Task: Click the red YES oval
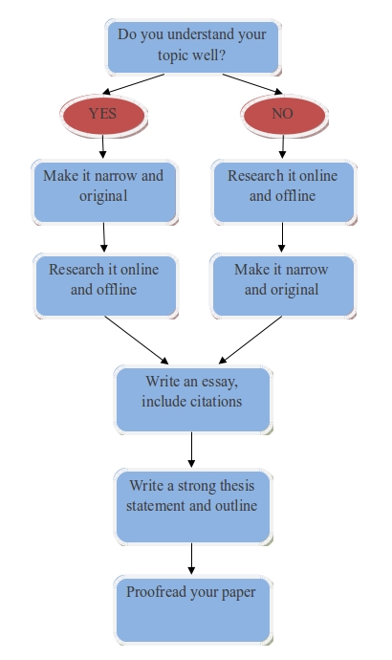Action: pos(103,115)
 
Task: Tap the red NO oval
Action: pos(284,115)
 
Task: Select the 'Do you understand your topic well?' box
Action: pos(193,47)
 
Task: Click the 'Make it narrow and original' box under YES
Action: pos(105,192)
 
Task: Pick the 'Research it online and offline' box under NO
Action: pos(284,192)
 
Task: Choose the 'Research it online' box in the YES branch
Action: pos(105,286)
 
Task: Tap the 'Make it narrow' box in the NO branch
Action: pos(283,286)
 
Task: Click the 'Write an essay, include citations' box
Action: pos(193,400)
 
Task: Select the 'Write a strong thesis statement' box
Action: pos(193,507)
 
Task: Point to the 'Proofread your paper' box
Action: pos(193,610)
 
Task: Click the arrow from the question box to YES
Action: pos(133,84)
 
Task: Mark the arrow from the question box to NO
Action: pos(252,84)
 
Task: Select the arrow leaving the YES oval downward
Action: pos(102,146)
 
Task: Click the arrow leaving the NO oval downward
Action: pos(283,146)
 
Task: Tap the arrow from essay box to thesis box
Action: pos(191,450)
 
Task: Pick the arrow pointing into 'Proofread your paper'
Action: pos(191,559)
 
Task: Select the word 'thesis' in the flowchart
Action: pos(233,486)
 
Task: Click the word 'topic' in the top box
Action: pos(173,55)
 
